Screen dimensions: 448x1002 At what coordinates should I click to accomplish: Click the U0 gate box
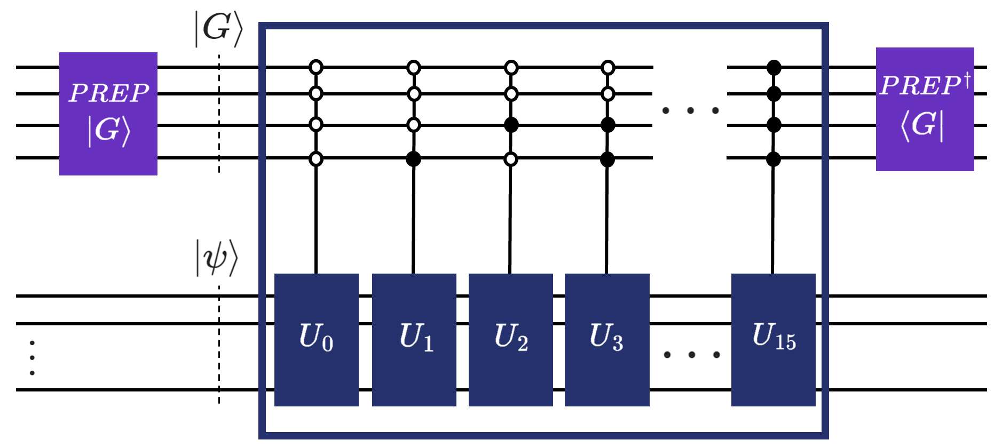tap(316, 340)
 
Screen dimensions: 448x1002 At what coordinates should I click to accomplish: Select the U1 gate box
tap(414, 340)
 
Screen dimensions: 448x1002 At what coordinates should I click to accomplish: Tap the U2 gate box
tap(510, 340)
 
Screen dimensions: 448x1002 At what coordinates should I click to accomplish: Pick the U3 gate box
tap(607, 340)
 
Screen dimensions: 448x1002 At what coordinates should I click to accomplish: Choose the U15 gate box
tap(773, 340)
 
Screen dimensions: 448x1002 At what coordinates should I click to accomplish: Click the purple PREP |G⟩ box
tap(108, 114)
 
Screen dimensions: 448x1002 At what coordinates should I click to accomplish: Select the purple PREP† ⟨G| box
tap(925, 109)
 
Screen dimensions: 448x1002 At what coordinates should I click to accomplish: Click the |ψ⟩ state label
tap(217, 258)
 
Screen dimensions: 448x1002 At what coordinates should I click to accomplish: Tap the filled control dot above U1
tap(413, 159)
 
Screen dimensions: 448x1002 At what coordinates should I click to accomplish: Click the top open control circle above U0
tap(316, 68)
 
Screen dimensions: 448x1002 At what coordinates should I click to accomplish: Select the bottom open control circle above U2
tap(511, 159)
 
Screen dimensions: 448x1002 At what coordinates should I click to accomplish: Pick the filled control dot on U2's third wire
tap(511, 125)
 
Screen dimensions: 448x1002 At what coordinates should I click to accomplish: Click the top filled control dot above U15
tap(774, 68)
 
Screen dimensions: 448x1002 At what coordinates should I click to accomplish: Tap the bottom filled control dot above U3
tap(607, 159)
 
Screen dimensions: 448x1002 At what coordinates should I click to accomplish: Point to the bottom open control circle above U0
tap(316, 159)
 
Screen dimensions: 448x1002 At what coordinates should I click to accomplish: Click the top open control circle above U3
tap(608, 68)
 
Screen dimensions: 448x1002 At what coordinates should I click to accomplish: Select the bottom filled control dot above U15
tap(774, 159)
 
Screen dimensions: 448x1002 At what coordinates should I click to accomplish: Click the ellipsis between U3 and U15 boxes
tap(691, 355)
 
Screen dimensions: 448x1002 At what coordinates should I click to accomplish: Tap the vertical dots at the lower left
tap(33, 358)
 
